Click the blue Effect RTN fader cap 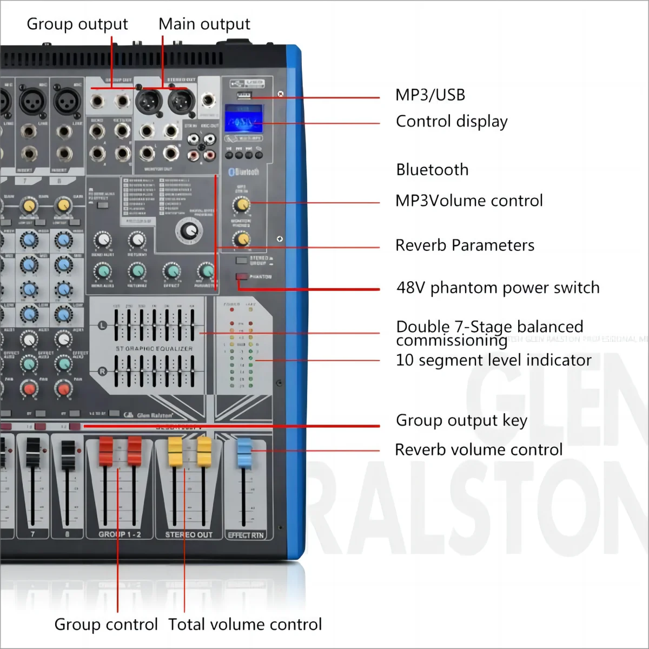(x=244, y=453)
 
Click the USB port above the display (x=244, y=96)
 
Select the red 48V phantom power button (x=241, y=277)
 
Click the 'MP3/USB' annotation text (x=430, y=95)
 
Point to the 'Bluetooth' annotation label (x=432, y=170)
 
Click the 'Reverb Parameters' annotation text (x=465, y=246)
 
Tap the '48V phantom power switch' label (x=498, y=288)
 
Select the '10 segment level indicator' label (x=493, y=360)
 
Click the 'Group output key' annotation (x=461, y=421)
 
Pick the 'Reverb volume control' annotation (x=479, y=450)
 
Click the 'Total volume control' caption (x=245, y=625)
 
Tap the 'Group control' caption (x=106, y=625)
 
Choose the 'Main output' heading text (x=204, y=24)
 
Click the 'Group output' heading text (x=77, y=24)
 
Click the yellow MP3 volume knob (x=241, y=205)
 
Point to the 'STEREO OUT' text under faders (x=189, y=535)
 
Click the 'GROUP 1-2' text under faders (x=120, y=534)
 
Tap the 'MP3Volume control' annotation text (x=469, y=201)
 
